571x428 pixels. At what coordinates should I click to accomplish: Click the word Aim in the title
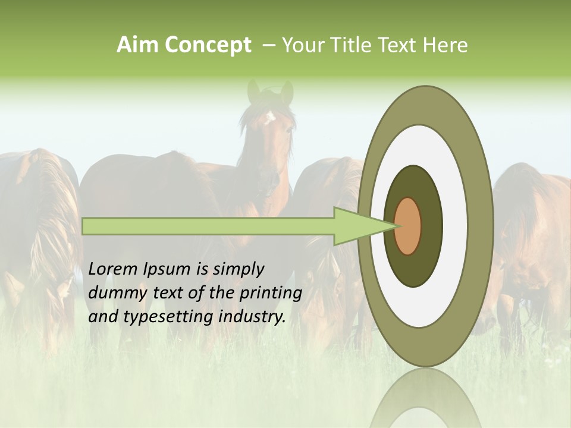138,45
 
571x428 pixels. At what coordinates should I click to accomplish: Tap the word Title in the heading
354,45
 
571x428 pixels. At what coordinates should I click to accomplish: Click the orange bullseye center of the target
408,226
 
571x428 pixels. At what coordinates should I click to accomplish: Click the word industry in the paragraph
250,317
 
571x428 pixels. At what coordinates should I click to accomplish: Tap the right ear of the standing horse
287,92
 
